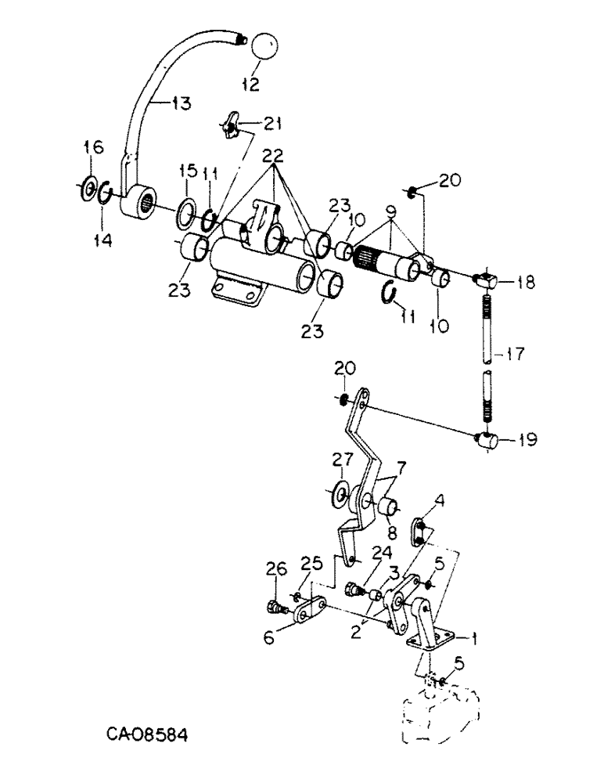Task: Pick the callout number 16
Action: tap(93, 146)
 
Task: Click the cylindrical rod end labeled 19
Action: tap(489, 442)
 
